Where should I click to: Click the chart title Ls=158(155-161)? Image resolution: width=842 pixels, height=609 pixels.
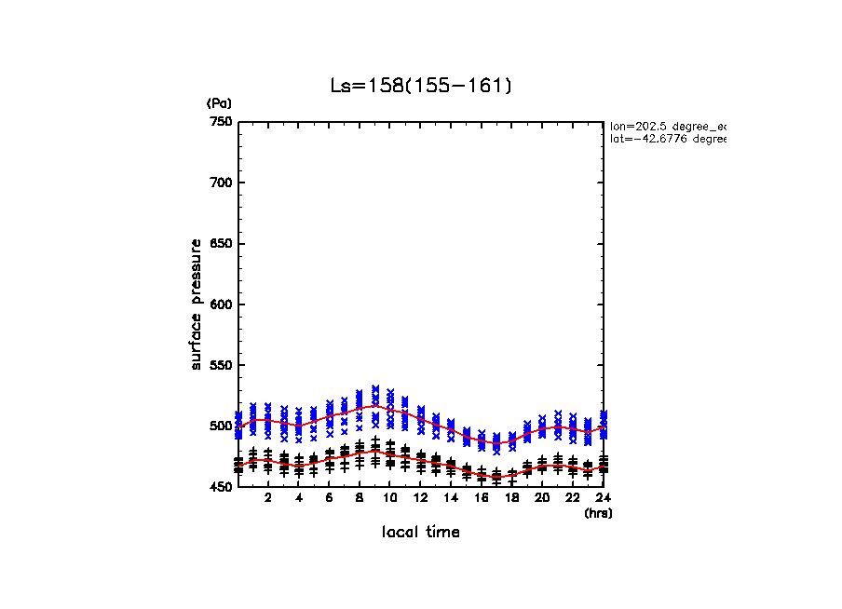point(421,86)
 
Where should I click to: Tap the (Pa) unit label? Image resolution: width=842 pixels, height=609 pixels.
point(219,103)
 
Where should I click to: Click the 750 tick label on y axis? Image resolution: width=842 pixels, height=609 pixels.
point(221,122)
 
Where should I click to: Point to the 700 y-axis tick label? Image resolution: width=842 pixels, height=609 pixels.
point(221,183)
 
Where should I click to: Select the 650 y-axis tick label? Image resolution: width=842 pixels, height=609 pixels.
point(221,244)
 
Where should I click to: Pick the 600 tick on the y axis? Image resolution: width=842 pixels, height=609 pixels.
point(221,304)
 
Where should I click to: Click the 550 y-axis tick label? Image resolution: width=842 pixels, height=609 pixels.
point(221,365)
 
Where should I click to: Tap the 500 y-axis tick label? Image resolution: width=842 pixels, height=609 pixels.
point(221,426)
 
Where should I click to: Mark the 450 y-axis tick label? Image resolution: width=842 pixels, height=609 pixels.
point(221,487)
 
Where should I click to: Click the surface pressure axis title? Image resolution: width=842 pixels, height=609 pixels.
point(197,304)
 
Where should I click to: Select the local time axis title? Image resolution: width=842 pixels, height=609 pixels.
point(421,533)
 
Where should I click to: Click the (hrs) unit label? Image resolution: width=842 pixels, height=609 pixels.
point(598,513)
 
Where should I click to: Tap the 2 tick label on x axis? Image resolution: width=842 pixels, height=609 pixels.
point(268,499)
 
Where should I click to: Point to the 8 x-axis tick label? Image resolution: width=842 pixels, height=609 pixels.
point(360,499)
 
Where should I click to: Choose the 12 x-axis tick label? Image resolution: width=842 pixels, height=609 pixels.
point(421,499)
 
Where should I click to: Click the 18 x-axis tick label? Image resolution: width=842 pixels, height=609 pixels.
point(512,499)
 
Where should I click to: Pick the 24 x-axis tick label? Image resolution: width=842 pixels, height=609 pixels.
point(604,499)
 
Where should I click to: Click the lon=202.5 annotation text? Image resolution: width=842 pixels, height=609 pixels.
point(667,126)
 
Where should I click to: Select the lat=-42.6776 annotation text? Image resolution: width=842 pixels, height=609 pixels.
point(667,139)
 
